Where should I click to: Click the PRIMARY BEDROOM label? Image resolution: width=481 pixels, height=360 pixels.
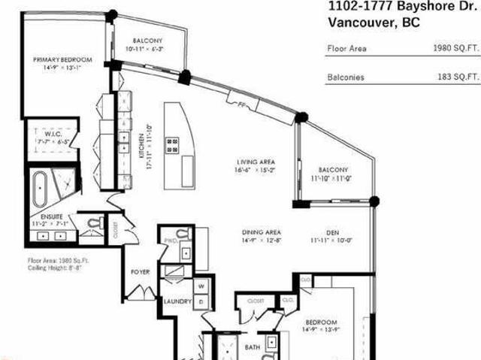click(x=62, y=59)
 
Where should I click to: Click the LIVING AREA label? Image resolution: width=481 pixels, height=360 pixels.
click(x=255, y=162)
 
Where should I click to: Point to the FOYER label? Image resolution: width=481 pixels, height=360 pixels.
click(x=141, y=271)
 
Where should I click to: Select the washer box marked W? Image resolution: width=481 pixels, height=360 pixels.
click(x=201, y=286)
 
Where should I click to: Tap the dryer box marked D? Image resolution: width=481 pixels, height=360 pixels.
click(x=201, y=301)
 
